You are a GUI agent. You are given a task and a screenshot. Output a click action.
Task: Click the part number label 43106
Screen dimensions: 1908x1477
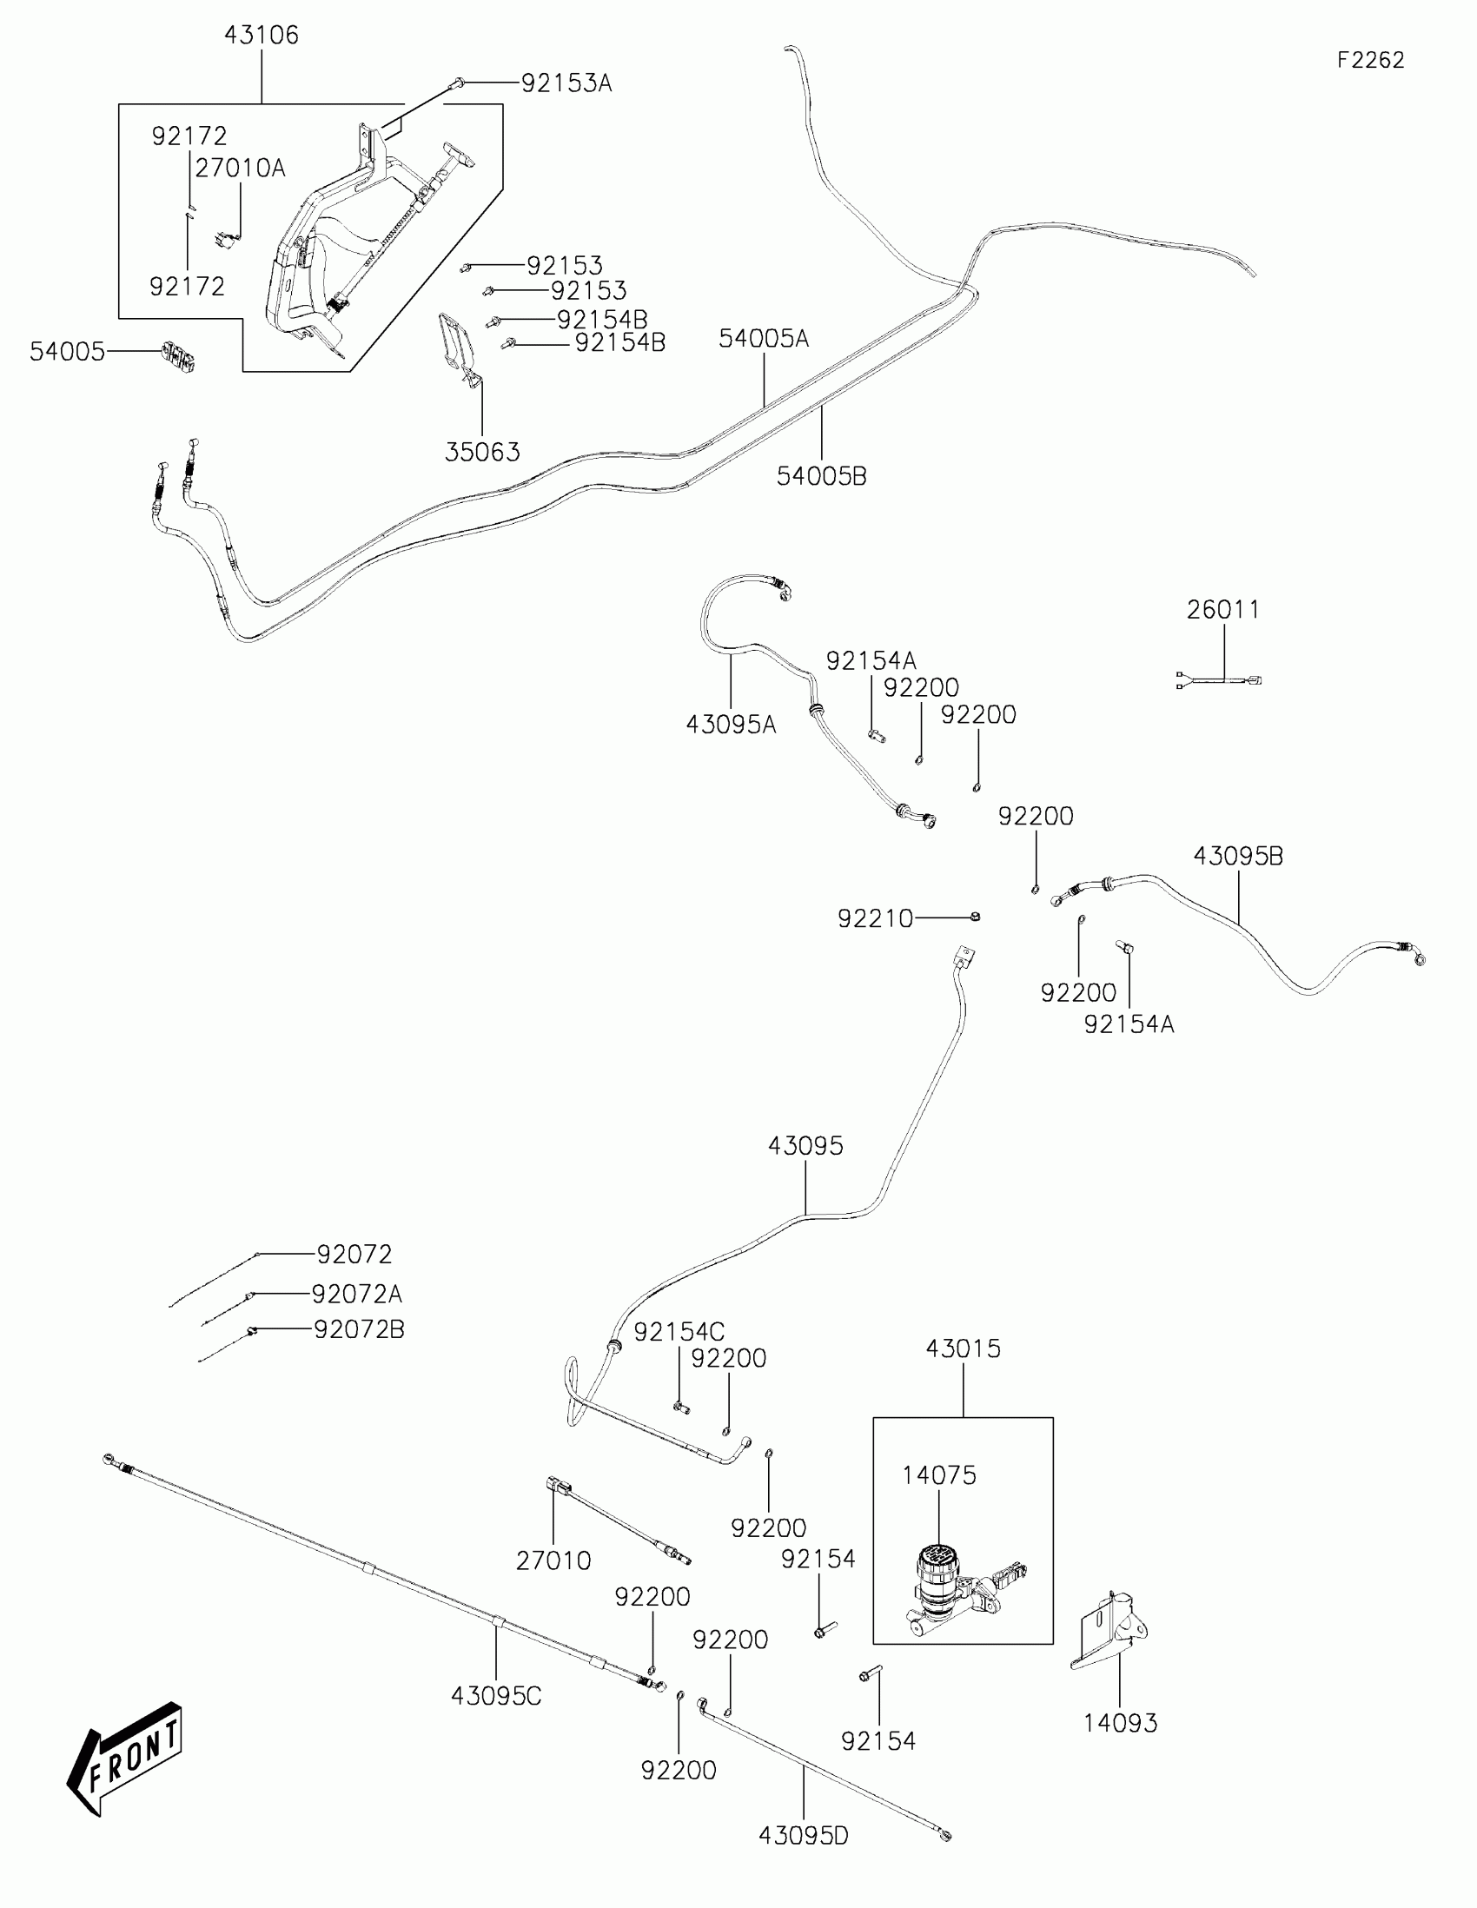pyautogui.click(x=262, y=36)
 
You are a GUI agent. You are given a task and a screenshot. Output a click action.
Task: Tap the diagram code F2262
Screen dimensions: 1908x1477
pyautogui.click(x=1370, y=60)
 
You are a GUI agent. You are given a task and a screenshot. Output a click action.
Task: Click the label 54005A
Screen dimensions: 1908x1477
pyautogui.click(x=764, y=339)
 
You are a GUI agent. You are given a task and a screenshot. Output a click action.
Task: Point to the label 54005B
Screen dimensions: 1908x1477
pyautogui.click(x=821, y=476)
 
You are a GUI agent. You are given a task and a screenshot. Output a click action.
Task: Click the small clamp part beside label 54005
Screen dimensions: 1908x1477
pyautogui.click(x=177, y=356)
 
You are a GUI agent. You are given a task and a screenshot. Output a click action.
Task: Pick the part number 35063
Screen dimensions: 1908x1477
pyautogui.click(x=482, y=453)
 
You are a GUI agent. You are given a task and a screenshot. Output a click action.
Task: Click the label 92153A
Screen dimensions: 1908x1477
pyautogui.click(x=566, y=84)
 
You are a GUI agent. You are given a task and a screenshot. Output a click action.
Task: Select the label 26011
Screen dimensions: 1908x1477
pyautogui.click(x=1222, y=610)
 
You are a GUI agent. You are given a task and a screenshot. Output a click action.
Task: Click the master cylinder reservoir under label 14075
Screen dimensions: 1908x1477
pyautogui.click(x=937, y=1585)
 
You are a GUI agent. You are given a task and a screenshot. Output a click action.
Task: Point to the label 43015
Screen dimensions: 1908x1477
pyautogui.click(x=963, y=1348)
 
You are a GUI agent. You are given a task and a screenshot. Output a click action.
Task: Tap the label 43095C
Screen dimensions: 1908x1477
pyautogui.click(x=496, y=1697)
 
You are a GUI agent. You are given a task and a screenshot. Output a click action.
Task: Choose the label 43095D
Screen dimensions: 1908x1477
pyautogui.click(x=803, y=1837)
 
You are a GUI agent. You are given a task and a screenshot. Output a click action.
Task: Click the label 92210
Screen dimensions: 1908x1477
pyautogui.click(x=874, y=919)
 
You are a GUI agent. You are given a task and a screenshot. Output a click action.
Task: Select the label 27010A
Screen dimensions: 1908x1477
pyautogui.click(x=240, y=169)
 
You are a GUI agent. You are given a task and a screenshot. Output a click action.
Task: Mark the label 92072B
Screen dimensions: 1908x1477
pyautogui.click(x=359, y=1329)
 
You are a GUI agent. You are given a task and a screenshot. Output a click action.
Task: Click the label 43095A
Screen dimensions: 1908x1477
pyautogui.click(x=730, y=725)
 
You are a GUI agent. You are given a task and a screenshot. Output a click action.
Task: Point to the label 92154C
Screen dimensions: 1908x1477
pyautogui.click(x=679, y=1332)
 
